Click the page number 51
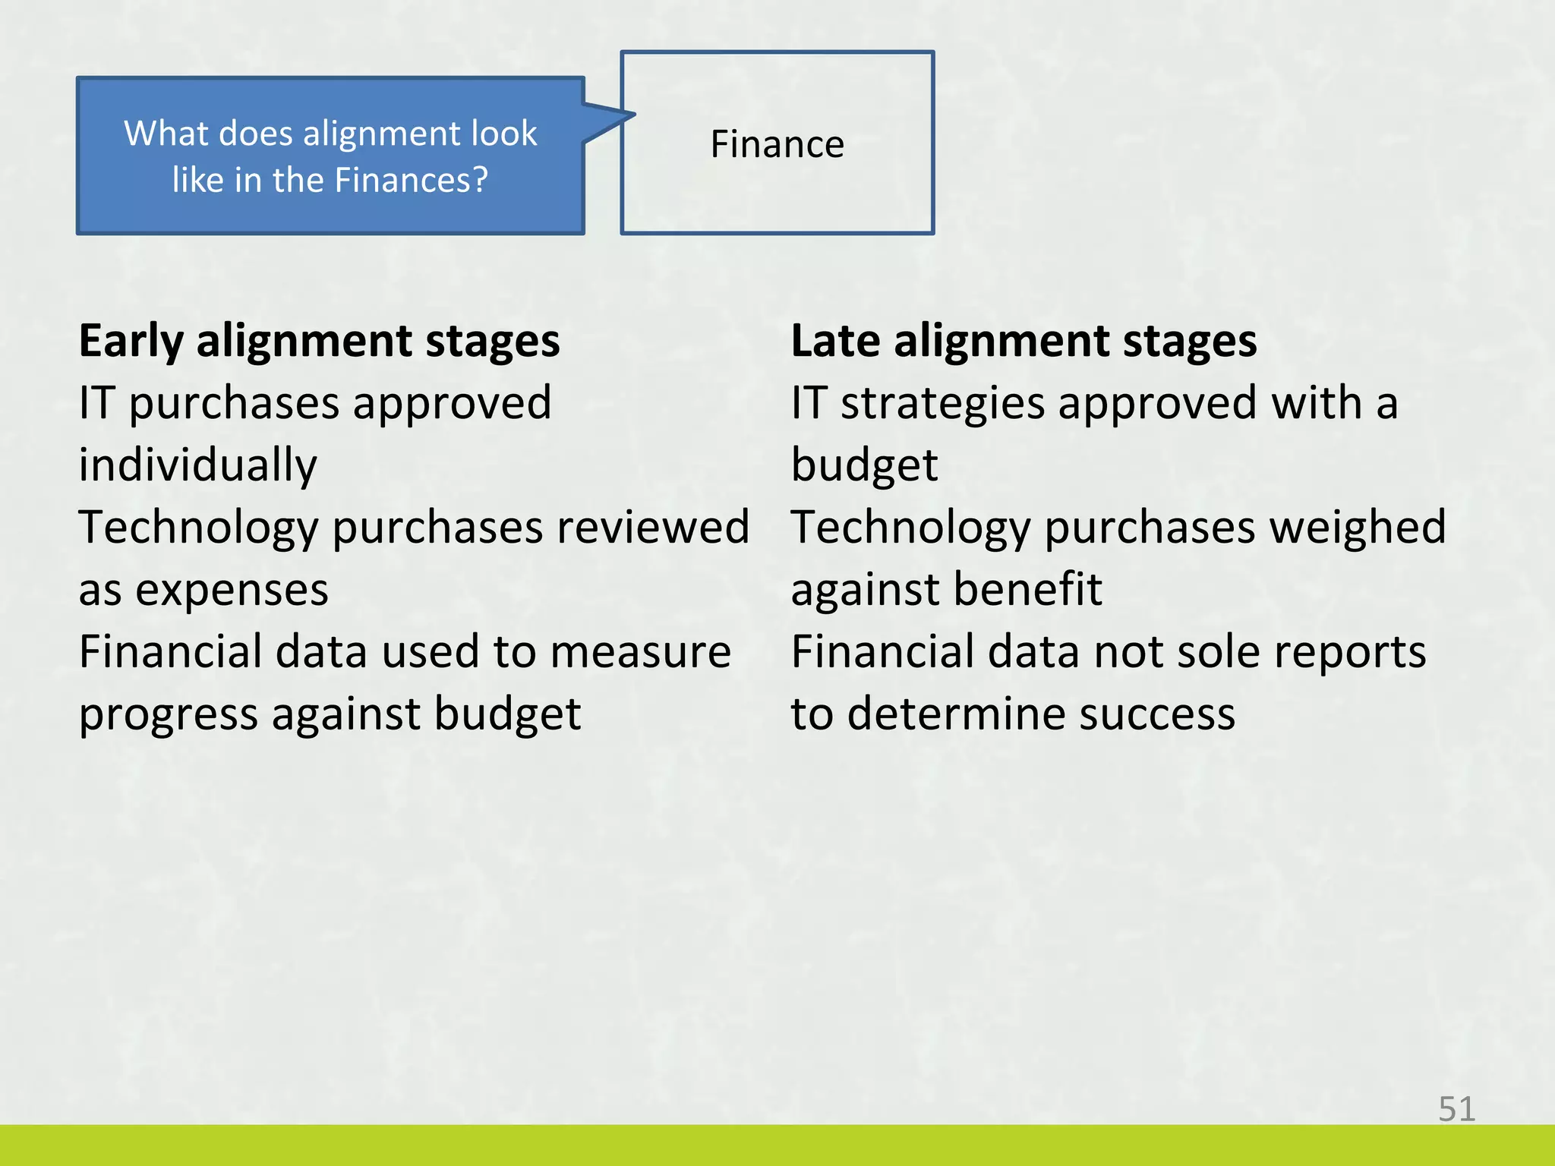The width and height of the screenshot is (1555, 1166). (1456, 1109)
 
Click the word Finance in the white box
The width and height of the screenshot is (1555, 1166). (777, 144)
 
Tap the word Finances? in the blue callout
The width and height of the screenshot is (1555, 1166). (410, 181)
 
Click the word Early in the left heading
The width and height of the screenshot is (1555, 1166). (131, 342)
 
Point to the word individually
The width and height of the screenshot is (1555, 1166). (198, 465)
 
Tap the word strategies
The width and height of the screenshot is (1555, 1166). (942, 403)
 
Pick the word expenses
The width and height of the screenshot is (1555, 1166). (232, 590)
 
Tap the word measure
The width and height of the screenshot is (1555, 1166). (640, 652)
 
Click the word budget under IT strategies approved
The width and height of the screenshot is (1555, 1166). (864, 465)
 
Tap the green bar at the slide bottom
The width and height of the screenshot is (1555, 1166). (777, 1146)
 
